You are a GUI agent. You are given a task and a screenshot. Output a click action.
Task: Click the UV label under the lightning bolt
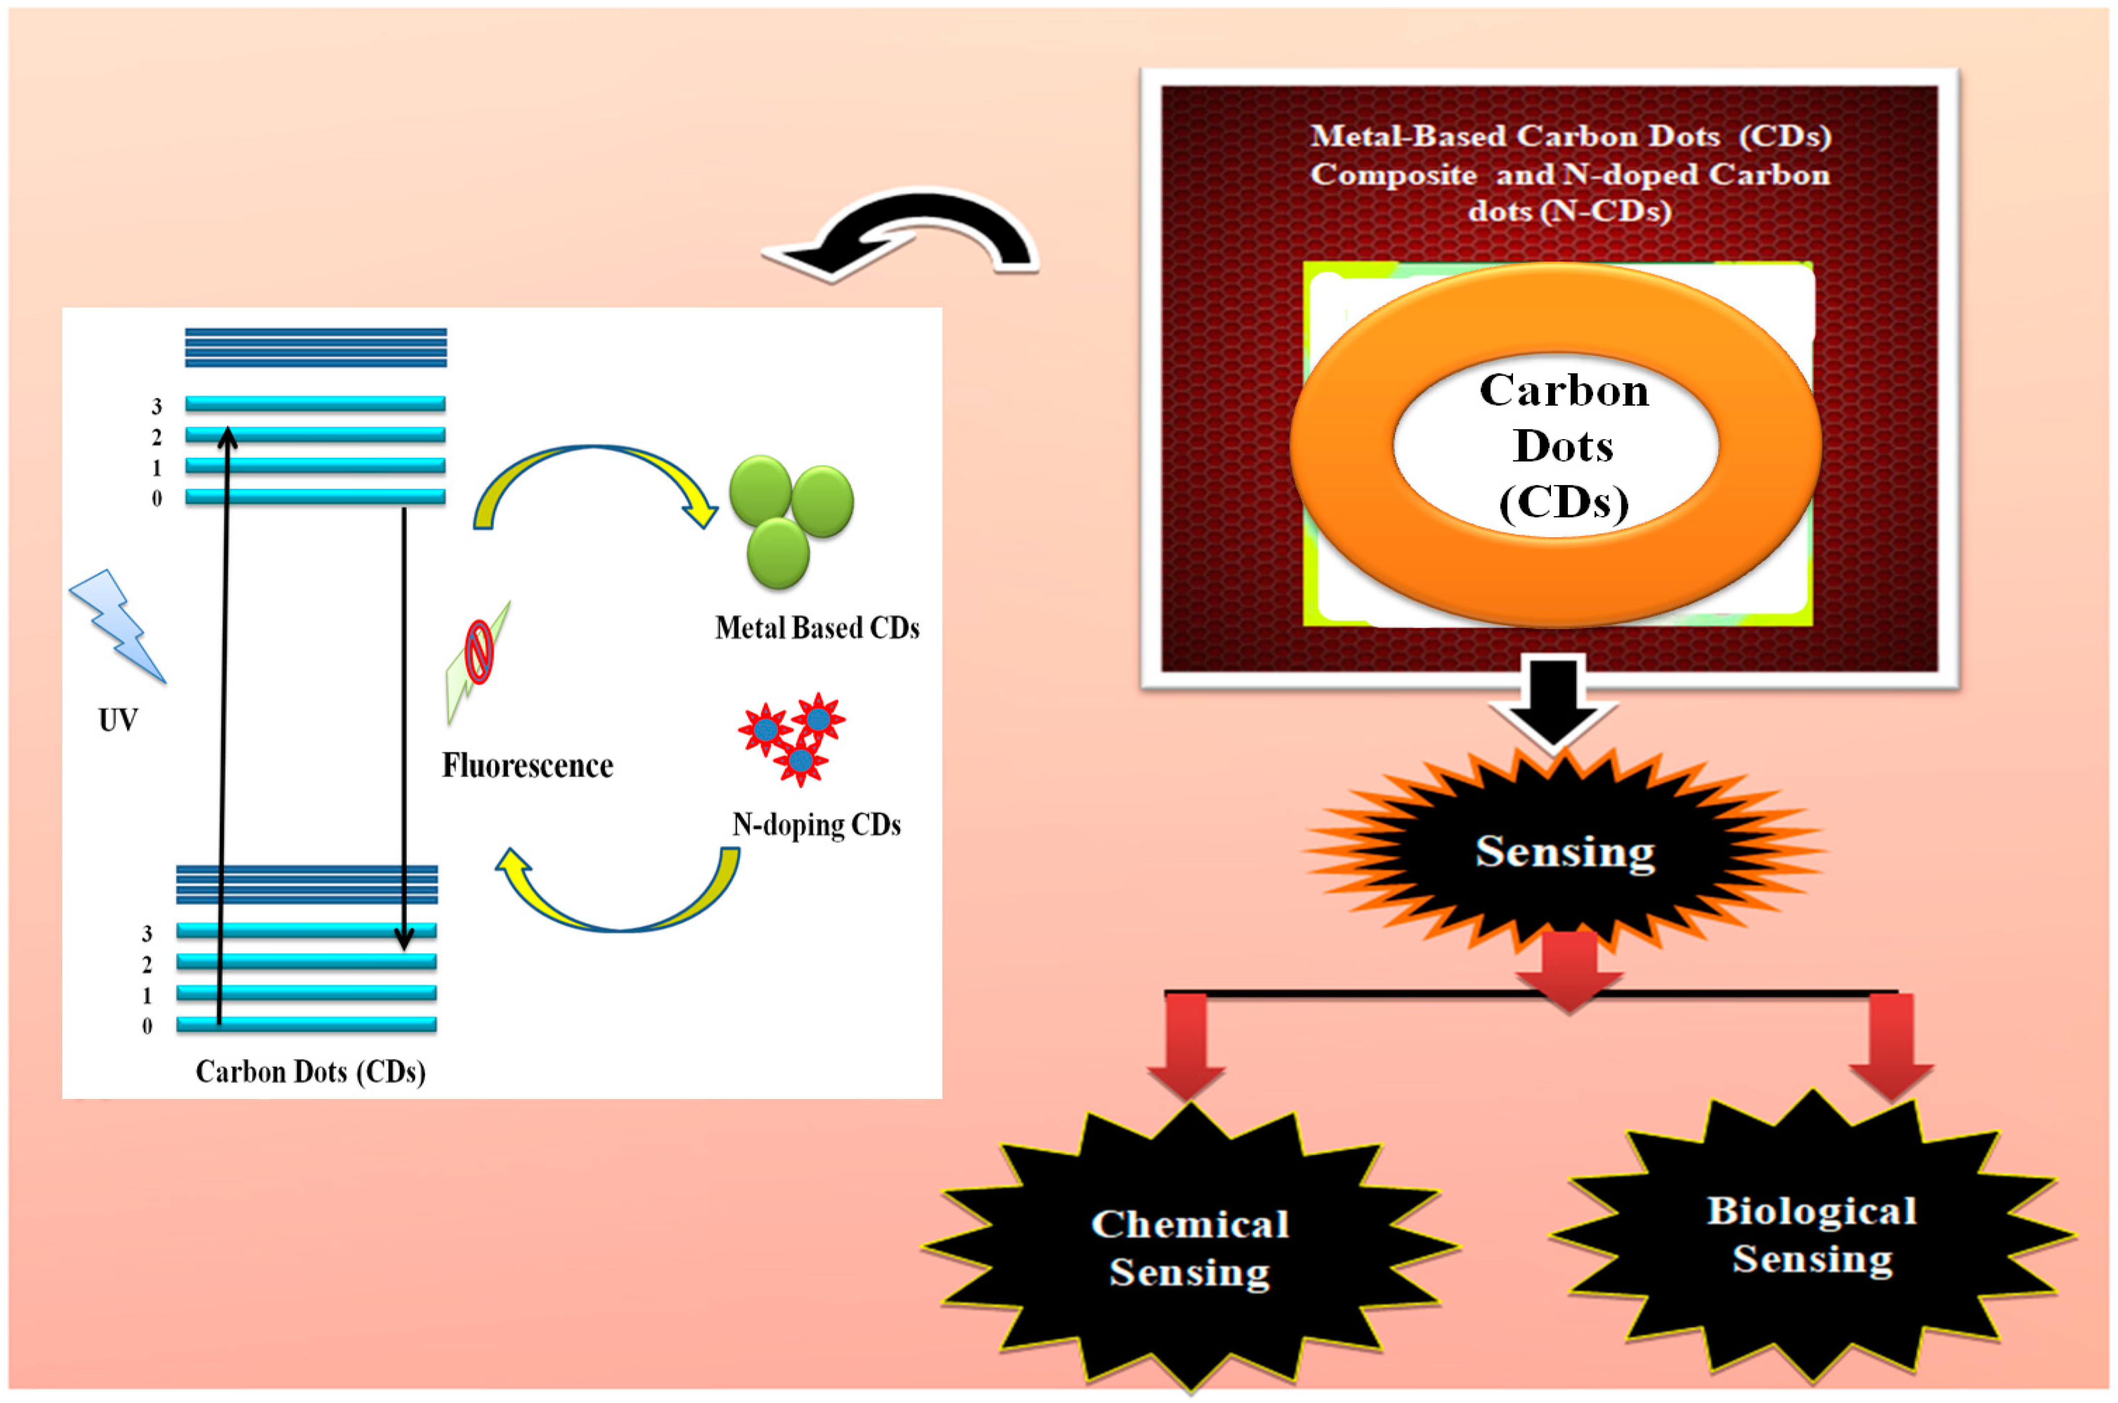point(118,719)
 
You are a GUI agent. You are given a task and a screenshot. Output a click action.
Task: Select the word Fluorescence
point(528,766)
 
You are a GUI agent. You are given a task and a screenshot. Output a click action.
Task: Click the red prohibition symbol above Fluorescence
point(479,652)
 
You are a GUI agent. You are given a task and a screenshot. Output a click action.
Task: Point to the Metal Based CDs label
point(817,628)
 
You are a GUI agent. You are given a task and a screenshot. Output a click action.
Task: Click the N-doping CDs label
point(816,824)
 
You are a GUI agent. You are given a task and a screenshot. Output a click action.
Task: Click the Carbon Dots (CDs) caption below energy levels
point(310,1071)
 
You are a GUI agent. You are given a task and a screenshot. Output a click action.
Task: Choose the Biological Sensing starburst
point(1811,1235)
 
